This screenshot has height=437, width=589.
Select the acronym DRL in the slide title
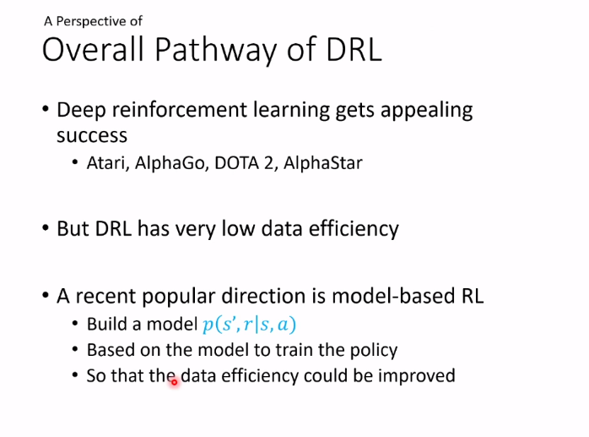click(x=354, y=49)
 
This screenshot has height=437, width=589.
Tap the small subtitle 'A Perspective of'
click(x=93, y=21)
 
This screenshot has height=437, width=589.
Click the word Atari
click(x=108, y=163)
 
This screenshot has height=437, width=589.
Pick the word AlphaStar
click(x=323, y=163)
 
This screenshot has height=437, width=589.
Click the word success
click(x=92, y=135)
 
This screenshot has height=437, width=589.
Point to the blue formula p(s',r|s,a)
click(x=249, y=325)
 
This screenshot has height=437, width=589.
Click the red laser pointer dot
click(x=175, y=382)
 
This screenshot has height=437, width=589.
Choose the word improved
click(x=417, y=376)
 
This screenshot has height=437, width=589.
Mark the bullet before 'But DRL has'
click(x=46, y=228)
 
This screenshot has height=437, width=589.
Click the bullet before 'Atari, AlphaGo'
click(x=75, y=162)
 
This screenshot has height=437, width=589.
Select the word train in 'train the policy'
click(x=294, y=350)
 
